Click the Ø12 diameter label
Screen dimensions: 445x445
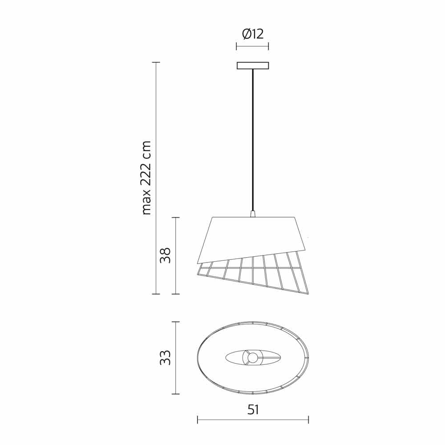253,34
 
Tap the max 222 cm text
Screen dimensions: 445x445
147,178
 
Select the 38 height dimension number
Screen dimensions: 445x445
165,255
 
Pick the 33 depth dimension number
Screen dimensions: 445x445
165,358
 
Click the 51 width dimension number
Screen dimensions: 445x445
253,410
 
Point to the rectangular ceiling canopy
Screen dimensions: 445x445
253,65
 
